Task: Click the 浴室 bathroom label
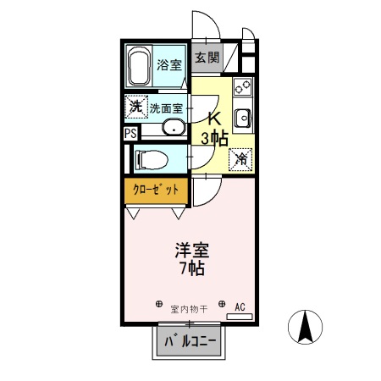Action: point(169,64)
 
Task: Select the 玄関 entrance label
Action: point(207,58)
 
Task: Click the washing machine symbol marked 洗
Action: point(135,108)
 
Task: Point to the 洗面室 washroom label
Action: point(166,108)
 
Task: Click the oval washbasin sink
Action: point(174,128)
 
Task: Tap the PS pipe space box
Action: point(130,134)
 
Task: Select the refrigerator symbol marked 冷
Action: point(242,157)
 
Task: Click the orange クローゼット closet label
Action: point(157,190)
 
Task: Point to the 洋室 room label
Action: point(192,251)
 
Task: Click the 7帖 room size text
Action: point(191,270)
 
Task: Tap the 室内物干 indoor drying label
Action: point(190,306)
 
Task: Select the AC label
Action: point(240,306)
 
